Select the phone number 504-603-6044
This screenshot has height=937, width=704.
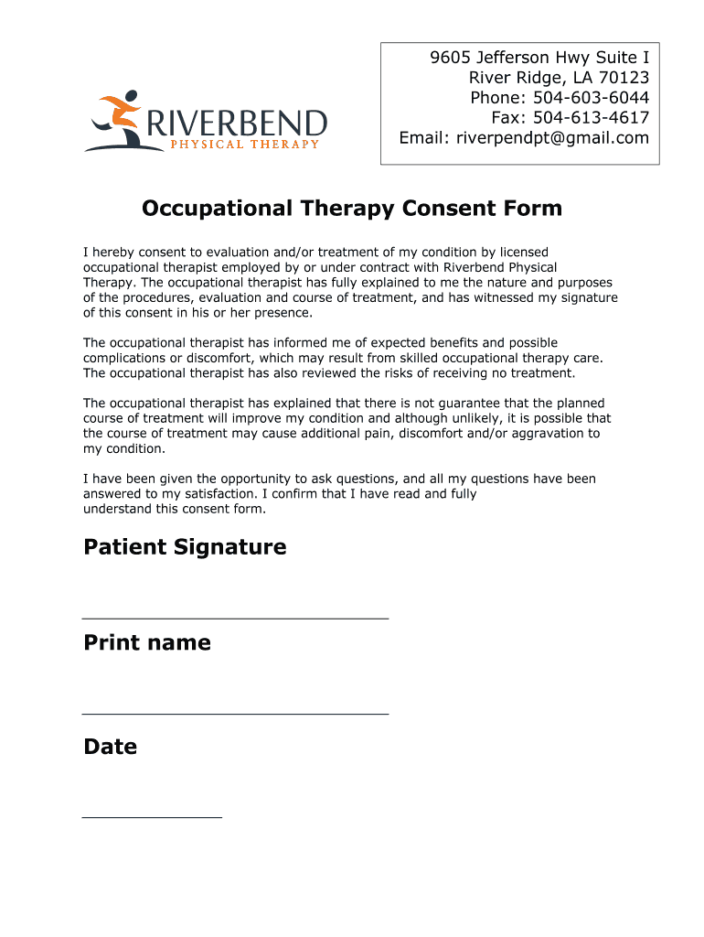[591, 98]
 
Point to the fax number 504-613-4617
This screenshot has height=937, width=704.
[591, 118]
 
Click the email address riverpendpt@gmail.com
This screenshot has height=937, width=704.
[552, 138]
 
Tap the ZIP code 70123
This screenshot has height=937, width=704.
[624, 78]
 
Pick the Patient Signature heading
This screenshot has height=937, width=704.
[185, 547]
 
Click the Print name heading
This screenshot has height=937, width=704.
[147, 642]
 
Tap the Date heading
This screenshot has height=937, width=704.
[111, 747]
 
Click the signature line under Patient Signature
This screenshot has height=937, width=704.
[235, 619]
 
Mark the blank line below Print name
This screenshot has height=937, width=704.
[235, 713]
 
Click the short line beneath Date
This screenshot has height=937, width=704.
[152, 816]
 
